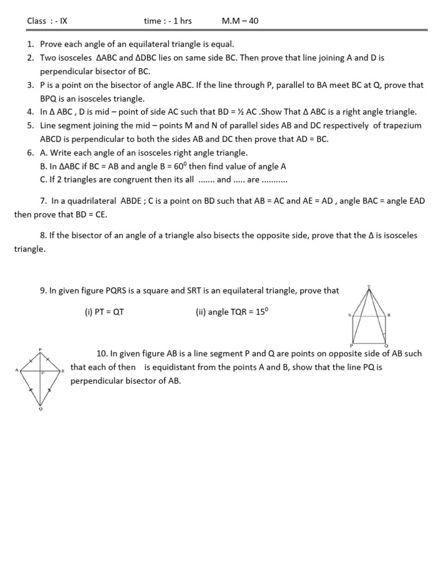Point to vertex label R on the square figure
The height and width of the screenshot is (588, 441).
(389, 315)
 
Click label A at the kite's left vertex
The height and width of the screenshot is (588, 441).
(17, 370)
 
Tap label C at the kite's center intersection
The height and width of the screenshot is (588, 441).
(42, 374)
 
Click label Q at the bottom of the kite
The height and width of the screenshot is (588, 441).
(40, 409)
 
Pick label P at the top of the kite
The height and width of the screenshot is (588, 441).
(40, 349)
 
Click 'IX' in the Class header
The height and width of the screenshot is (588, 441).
(63, 21)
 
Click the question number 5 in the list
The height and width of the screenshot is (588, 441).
(29, 125)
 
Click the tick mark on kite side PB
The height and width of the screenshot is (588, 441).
(52, 362)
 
